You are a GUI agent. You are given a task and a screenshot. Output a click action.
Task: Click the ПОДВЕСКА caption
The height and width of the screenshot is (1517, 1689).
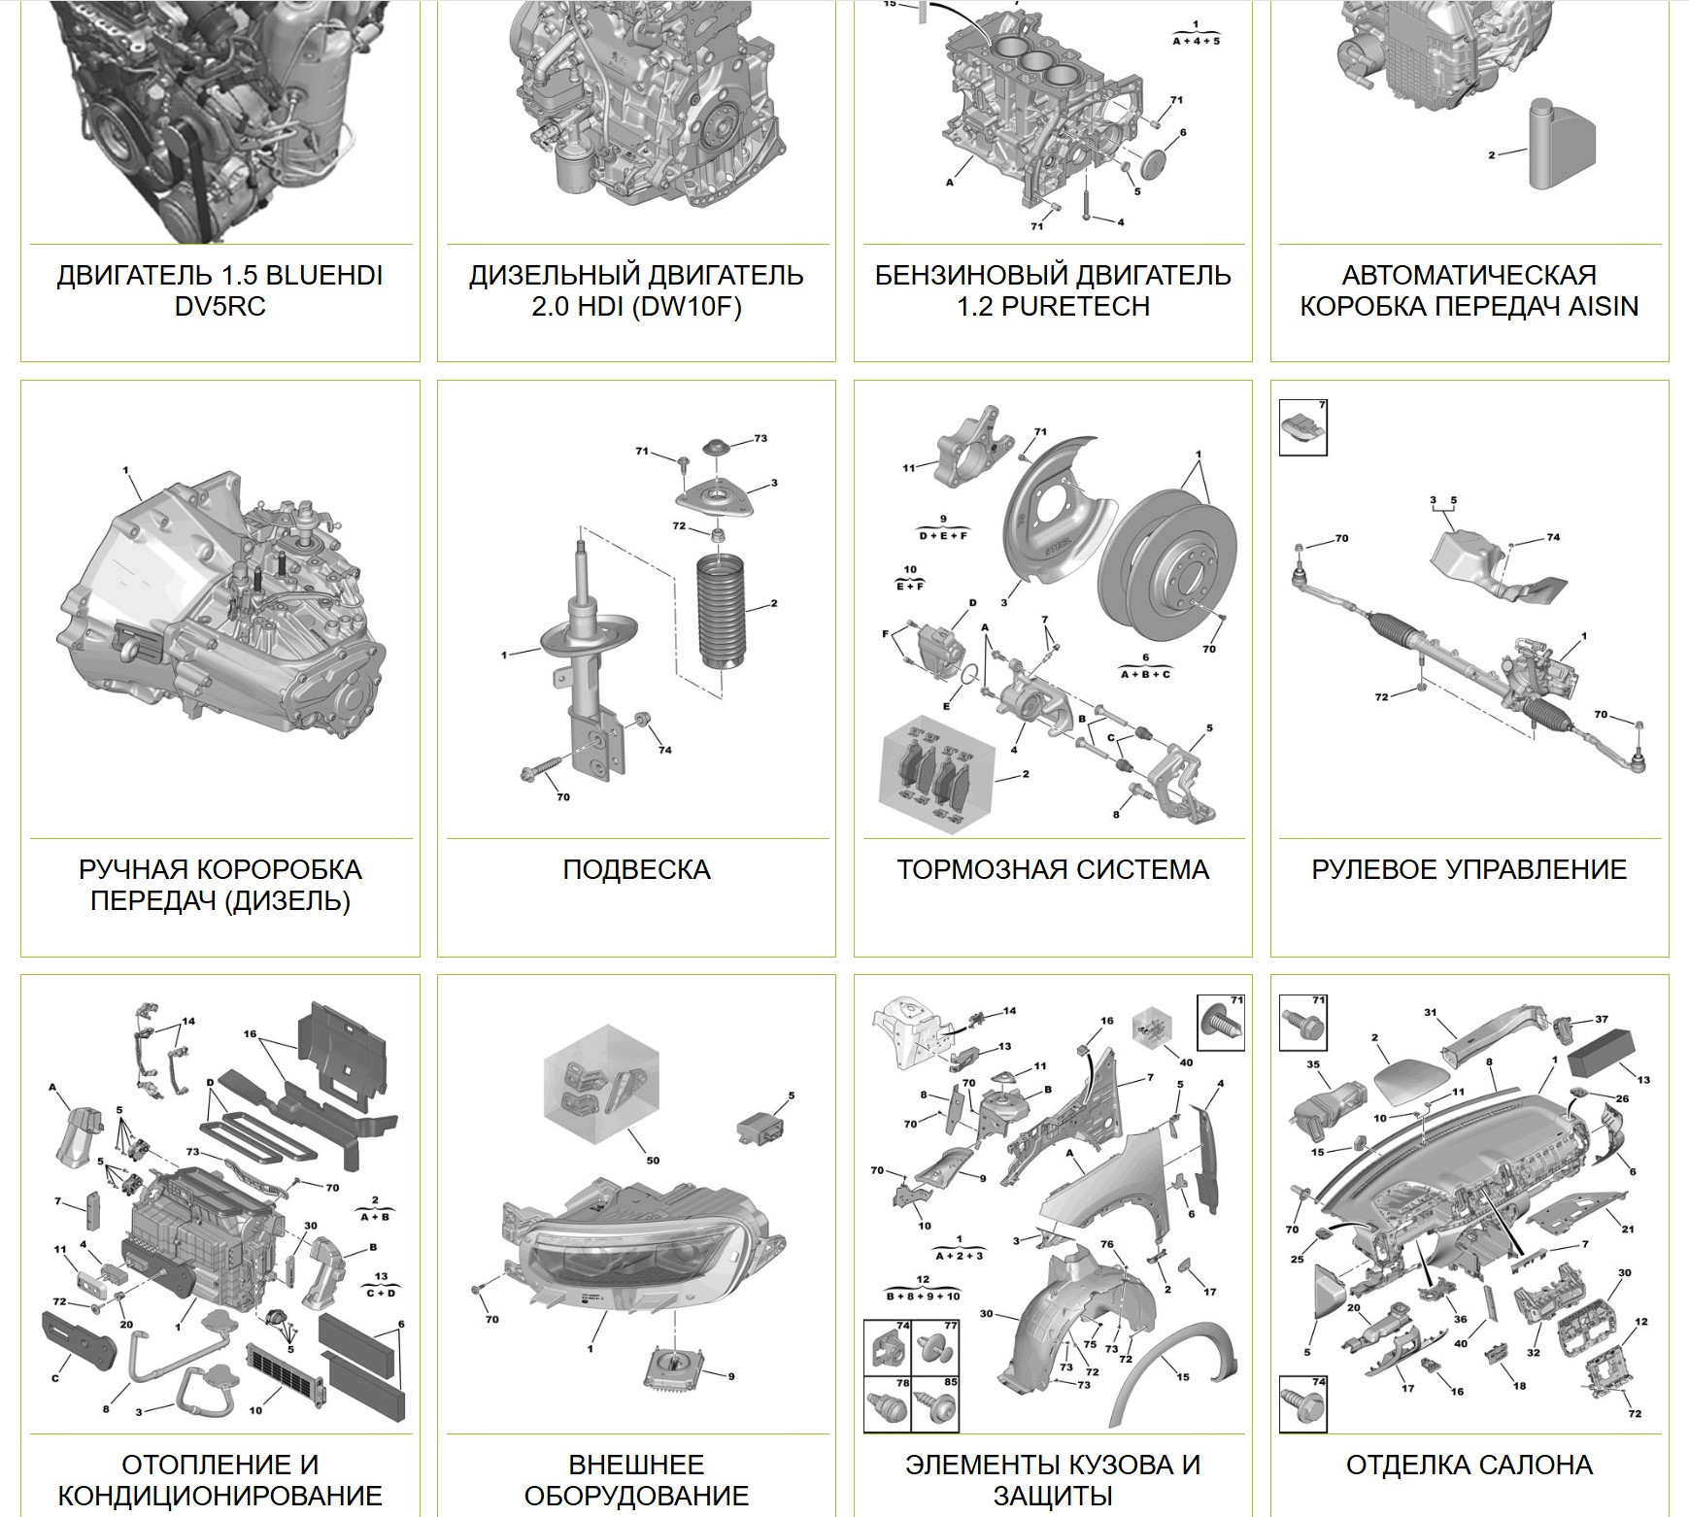click(x=636, y=869)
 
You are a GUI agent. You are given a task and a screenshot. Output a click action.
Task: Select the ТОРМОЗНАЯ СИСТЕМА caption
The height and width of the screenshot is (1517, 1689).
click(x=1053, y=869)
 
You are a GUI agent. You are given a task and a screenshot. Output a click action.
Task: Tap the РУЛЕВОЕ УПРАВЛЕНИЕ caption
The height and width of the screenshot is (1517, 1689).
click(x=1469, y=869)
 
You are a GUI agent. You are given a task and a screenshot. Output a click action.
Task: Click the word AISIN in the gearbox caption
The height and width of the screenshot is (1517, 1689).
click(x=1604, y=306)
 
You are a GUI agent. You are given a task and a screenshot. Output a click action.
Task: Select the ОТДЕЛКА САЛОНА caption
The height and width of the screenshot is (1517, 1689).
click(x=1469, y=1465)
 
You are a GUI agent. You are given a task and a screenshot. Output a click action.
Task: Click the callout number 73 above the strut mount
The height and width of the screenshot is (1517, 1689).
click(x=760, y=438)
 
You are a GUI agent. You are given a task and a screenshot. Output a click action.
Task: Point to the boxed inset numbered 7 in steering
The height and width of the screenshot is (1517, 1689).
click(x=1303, y=427)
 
